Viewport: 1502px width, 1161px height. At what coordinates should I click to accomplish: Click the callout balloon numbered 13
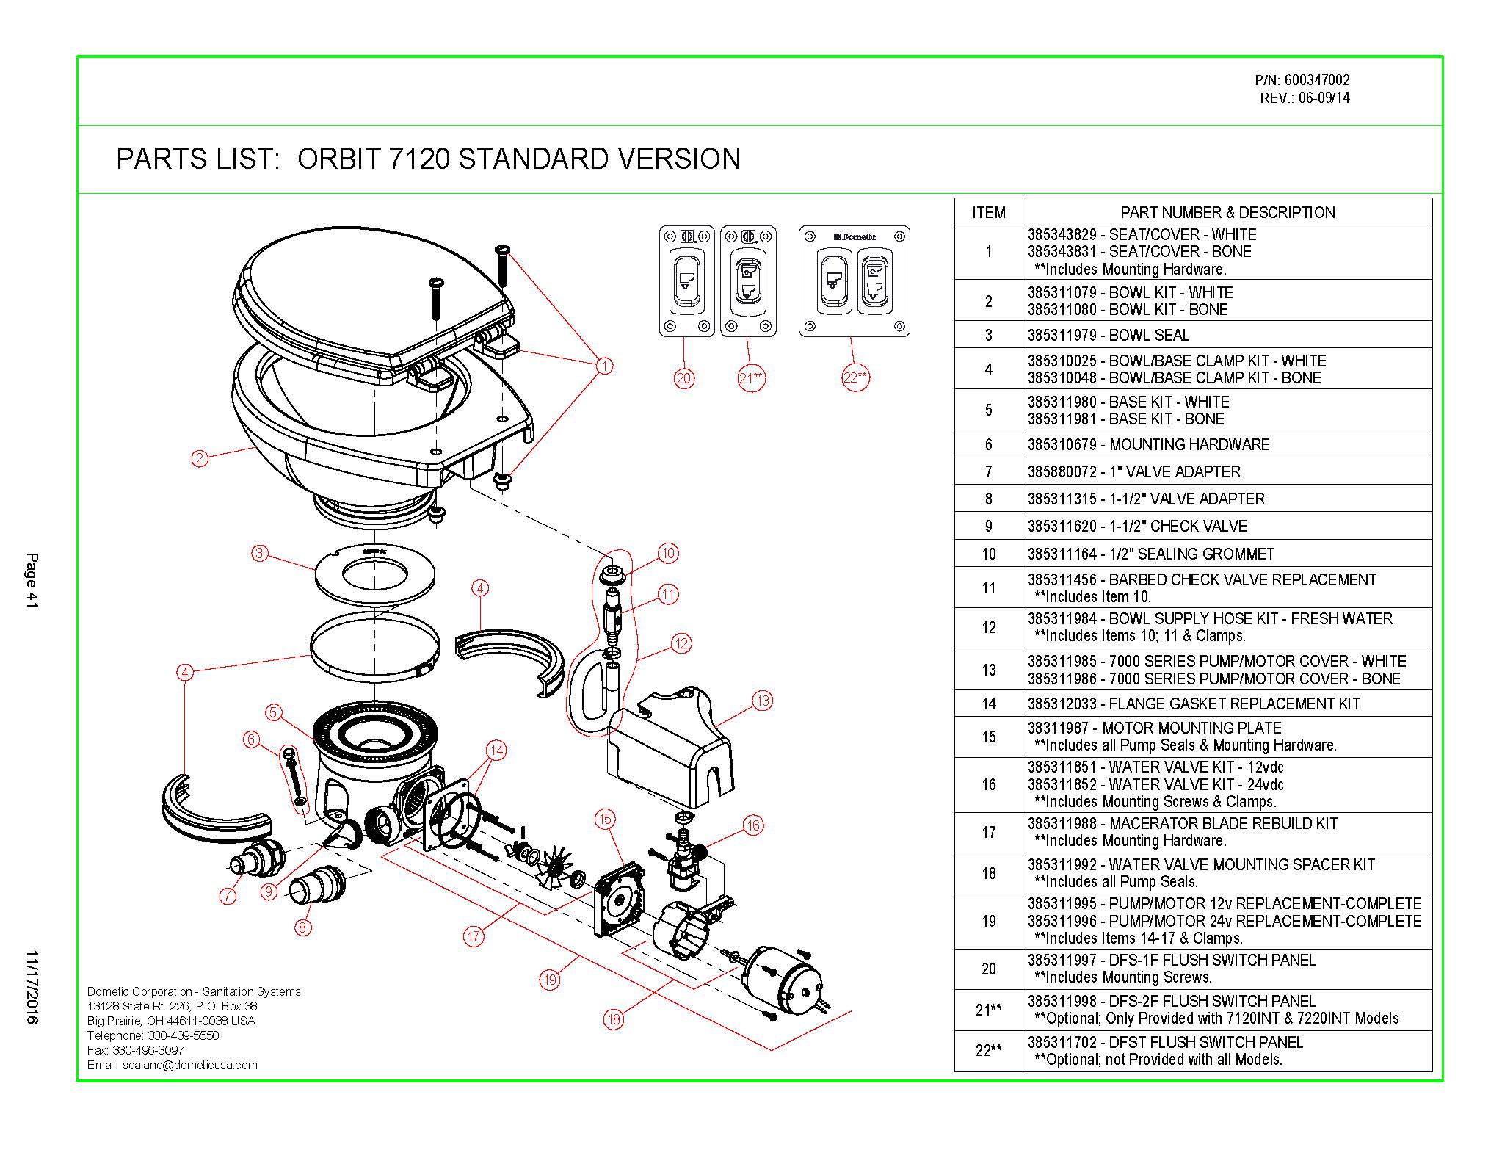point(763,701)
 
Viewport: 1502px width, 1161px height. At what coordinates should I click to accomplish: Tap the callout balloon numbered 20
point(684,378)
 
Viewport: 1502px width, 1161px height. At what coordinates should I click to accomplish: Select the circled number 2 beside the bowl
point(200,459)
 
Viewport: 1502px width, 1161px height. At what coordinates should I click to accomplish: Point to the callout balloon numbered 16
point(753,825)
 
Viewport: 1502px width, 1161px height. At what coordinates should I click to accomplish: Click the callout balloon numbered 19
point(550,979)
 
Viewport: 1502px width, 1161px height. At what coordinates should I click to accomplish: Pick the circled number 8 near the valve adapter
point(302,927)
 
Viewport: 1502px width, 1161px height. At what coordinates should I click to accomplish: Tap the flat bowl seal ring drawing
point(376,575)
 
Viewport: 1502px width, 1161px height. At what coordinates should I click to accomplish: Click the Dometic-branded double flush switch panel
point(854,281)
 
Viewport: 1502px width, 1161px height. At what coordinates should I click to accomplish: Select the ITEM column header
point(988,213)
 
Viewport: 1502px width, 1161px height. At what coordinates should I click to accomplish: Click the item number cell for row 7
point(988,472)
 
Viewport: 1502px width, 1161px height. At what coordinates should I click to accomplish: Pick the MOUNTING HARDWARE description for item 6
point(1189,445)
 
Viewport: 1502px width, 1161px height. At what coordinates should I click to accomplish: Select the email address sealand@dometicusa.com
point(191,1065)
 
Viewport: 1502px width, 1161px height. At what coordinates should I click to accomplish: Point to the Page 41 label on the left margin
point(32,580)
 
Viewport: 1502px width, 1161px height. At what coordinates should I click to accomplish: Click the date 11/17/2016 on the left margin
point(32,987)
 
